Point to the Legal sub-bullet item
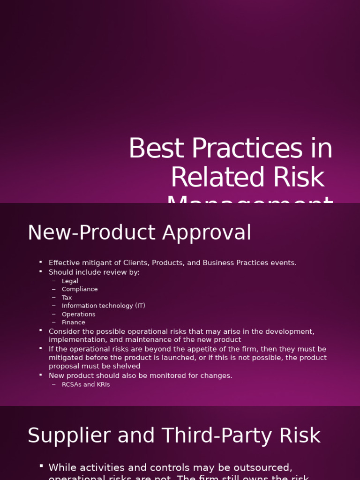70,281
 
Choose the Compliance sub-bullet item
80,289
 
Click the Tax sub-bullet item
67,298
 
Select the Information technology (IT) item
103,306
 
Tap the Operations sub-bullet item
78,314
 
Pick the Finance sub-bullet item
74,322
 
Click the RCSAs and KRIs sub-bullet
86,384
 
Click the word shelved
126,366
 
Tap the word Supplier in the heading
69,436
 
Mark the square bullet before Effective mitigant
41,262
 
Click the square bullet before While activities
41,466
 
